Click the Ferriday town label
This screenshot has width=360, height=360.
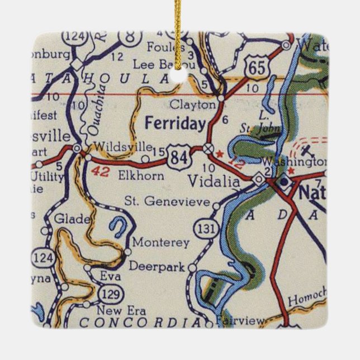tap(175, 124)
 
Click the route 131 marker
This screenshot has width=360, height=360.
tap(204, 228)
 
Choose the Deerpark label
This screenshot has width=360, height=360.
tap(157, 267)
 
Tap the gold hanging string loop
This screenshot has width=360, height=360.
tap(180, 34)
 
